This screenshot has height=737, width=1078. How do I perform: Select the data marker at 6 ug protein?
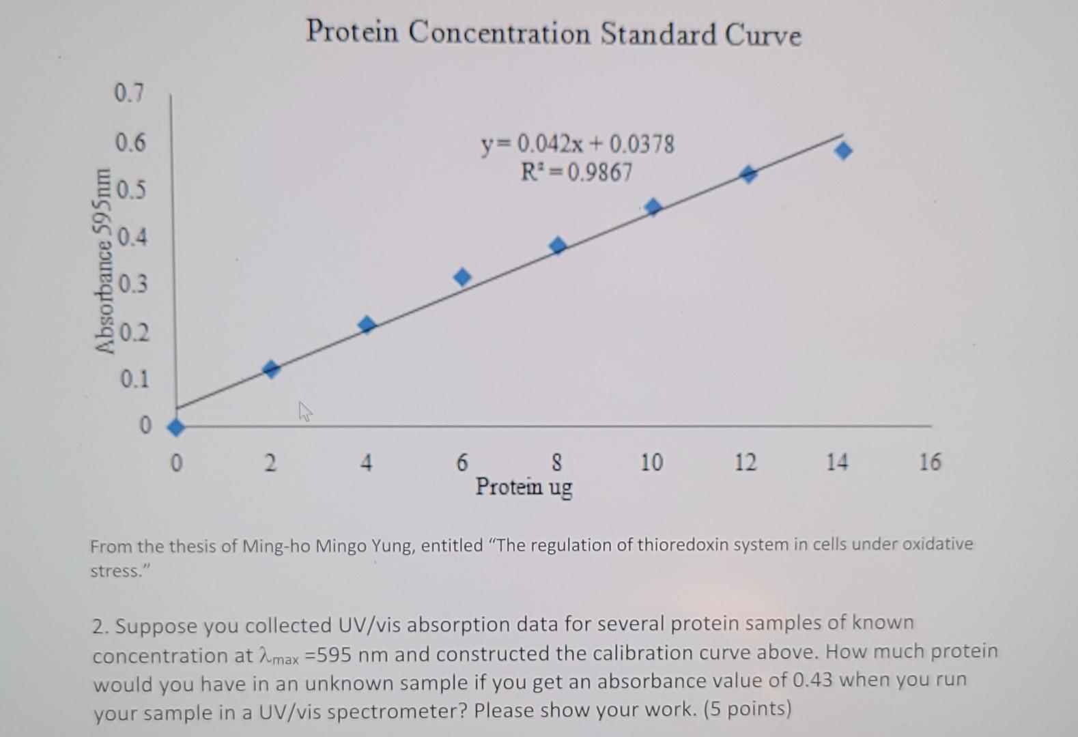coord(462,276)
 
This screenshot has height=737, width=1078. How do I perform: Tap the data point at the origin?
coord(175,427)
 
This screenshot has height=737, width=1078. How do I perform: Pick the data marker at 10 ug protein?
coord(653,207)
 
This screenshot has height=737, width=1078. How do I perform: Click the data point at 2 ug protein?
coord(271,369)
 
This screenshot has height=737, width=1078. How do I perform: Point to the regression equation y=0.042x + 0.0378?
coord(578,145)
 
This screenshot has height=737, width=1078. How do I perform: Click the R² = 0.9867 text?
coord(577,172)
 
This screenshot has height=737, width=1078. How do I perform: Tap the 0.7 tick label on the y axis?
coord(129,93)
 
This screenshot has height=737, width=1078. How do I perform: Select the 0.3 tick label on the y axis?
coord(132,283)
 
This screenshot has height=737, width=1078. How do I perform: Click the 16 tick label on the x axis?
coord(929,463)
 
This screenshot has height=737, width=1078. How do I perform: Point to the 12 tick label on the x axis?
coord(746,463)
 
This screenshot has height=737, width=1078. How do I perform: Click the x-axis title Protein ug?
coord(524,487)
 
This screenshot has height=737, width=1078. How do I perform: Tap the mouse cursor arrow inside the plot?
coord(304,411)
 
